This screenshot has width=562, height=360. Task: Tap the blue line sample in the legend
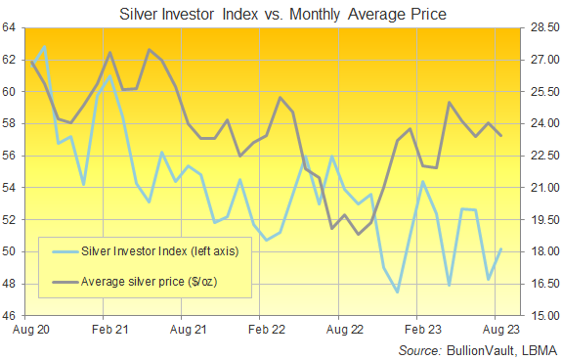point(65,252)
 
